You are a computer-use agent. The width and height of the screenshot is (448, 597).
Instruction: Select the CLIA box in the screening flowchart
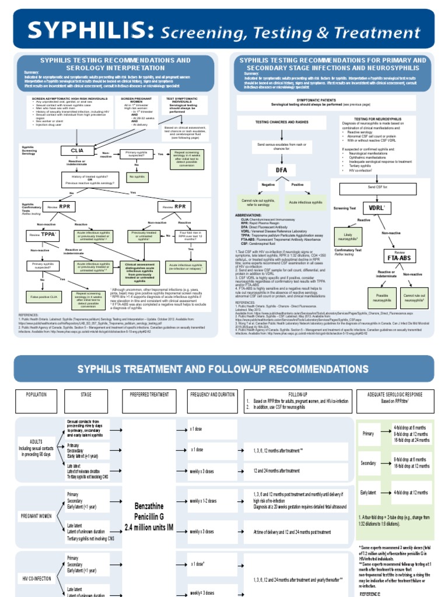click(78, 150)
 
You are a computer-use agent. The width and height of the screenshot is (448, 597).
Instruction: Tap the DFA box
click(282, 170)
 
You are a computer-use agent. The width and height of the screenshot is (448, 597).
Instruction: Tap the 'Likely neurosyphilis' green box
click(346, 237)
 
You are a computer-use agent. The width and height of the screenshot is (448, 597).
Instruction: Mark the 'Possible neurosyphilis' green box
click(382, 297)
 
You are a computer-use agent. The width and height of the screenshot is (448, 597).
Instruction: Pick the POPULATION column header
click(36, 395)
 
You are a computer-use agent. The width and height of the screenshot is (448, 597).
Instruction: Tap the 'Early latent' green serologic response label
click(369, 493)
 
